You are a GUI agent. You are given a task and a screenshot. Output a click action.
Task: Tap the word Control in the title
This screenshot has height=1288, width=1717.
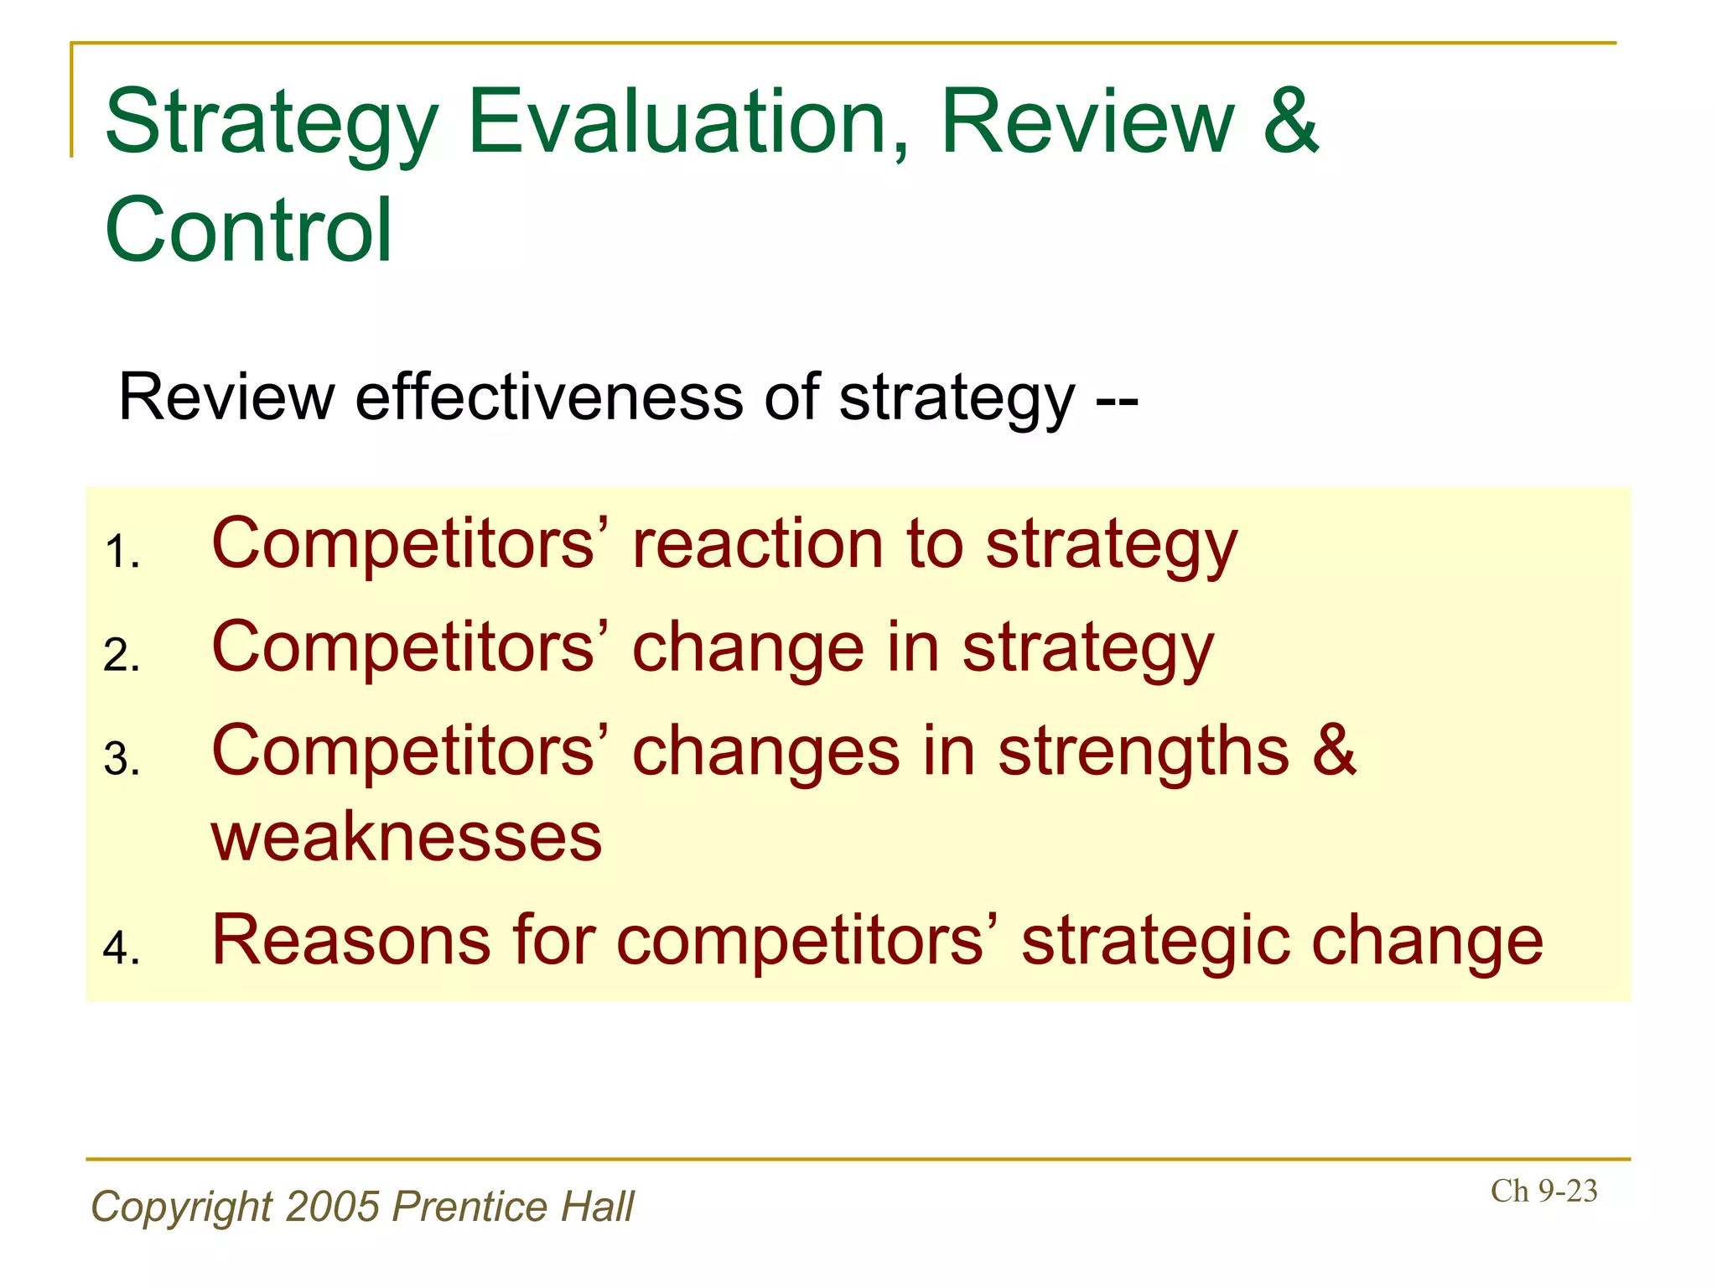click(x=248, y=231)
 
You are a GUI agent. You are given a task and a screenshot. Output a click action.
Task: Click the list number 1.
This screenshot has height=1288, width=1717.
click(x=122, y=553)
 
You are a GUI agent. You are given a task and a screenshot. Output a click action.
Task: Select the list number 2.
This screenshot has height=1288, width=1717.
click(x=122, y=656)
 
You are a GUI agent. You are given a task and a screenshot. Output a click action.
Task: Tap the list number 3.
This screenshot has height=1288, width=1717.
click(x=122, y=760)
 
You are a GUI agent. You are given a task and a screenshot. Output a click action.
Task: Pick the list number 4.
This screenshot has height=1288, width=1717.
click(x=122, y=948)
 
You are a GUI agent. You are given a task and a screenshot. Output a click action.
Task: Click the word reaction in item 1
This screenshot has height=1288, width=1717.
click(x=757, y=545)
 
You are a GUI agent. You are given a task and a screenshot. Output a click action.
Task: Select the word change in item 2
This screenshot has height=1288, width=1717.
click(x=747, y=648)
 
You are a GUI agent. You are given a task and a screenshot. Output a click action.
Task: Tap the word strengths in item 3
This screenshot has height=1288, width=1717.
click(x=1143, y=752)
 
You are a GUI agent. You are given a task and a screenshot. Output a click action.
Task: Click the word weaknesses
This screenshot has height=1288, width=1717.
click(x=407, y=838)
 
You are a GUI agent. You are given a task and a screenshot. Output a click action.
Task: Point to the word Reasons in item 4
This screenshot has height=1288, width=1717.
click(x=351, y=941)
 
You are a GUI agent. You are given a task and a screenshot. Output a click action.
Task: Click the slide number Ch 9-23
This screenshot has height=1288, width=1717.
click(x=1543, y=1192)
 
